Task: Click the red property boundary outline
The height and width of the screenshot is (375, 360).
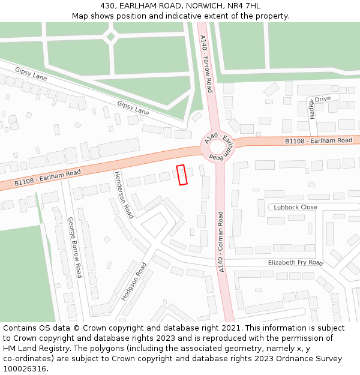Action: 182,175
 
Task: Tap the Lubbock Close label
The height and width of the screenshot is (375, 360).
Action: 295,207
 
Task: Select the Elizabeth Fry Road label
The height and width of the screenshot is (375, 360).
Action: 295,263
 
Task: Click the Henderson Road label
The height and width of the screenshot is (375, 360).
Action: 123,194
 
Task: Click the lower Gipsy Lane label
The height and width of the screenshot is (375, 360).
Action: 133,108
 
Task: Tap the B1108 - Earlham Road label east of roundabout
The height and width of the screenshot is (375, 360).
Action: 318,140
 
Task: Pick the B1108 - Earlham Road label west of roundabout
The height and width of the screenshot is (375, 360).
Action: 47,177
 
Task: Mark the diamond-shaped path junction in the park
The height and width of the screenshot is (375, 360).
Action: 110,36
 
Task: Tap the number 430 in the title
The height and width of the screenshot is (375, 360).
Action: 117,6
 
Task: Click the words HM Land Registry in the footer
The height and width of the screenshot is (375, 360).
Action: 37,348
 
